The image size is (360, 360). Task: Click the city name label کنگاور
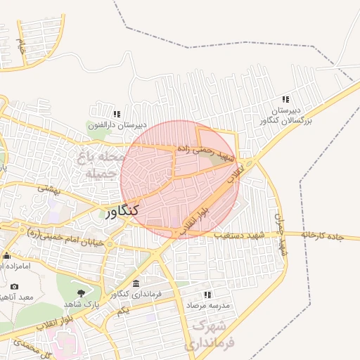(122, 210)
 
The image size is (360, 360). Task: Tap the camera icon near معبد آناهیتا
(15, 287)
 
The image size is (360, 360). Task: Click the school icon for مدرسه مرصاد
(207, 295)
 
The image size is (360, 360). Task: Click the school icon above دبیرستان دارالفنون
(117, 114)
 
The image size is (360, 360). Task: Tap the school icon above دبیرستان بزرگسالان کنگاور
(285, 100)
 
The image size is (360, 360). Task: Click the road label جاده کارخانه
(330, 235)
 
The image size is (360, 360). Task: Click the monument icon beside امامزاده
(6, 255)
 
